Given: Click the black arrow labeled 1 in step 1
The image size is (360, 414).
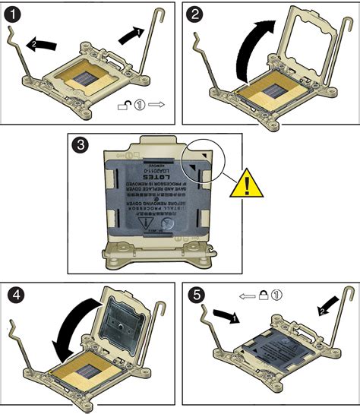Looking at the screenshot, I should (131, 35).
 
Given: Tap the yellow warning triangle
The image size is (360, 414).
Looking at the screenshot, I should (248, 184).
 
